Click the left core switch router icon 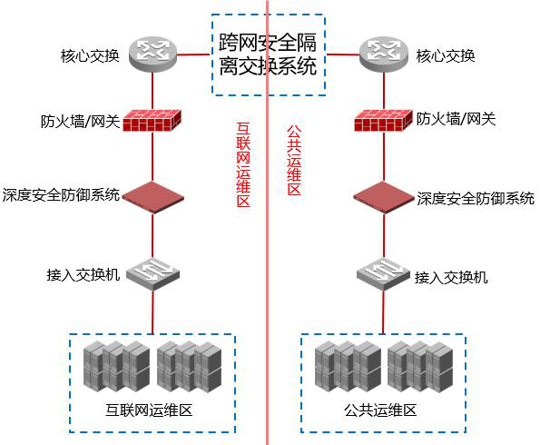pyautogui.click(x=152, y=54)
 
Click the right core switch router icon pyautogui.click(x=383, y=54)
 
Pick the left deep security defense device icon pyautogui.click(x=152, y=198)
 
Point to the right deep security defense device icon pyautogui.click(x=384, y=198)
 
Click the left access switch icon pyautogui.click(x=152, y=273)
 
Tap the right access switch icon pyautogui.click(x=383, y=273)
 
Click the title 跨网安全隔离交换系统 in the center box pyautogui.click(x=268, y=54)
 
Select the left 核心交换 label pyautogui.click(x=90, y=55)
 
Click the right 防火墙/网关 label pyautogui.click(x=456, y=119)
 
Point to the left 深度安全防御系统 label pyautogui.click(x=61, y=195)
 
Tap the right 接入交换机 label pyautogui.click(x=451, y=278)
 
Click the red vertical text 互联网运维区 pyautogui.click(x=243, y=164)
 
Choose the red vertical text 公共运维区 pyautogui.click(x=294, y=160)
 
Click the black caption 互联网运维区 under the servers pyautogui.click(x=149, y=410)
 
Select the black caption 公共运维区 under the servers pyautogui.click(x=380, y=410)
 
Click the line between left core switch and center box pyautogui.click(x=193, y=54)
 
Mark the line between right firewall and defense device pyautogui.click(x=384, y=157)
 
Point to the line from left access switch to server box pyautogui.click(x=152, y=312)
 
